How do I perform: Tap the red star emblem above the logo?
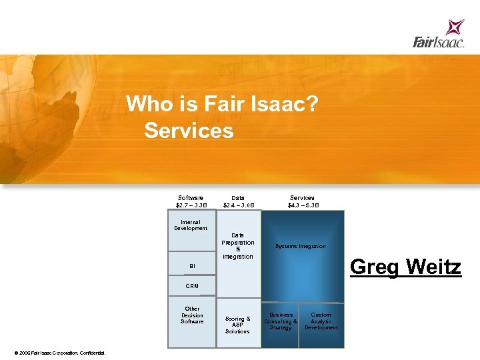tap(455, 27)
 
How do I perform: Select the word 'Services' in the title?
tap(189, 131)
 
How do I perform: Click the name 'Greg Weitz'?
tap(405, 267)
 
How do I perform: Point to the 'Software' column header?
tap(191, 198)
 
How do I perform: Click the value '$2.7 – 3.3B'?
tap(191, 205)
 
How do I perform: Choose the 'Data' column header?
tap(238, 198)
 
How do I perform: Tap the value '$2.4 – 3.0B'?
tap(238, 205)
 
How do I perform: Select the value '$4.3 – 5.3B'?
tap(303, 205)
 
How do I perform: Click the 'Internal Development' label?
tap(191, 225)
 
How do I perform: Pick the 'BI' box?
tap(192, 266)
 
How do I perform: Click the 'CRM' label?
tap(192, 286)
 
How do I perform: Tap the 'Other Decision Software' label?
tap(192, 315)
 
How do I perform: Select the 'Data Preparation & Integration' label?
tap(238, 246)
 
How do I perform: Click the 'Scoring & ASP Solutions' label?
tap(238, 325)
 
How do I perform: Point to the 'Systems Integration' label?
tap(301, 247)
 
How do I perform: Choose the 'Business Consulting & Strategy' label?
tap(281, 321)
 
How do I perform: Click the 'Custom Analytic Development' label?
tap(321, 321)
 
